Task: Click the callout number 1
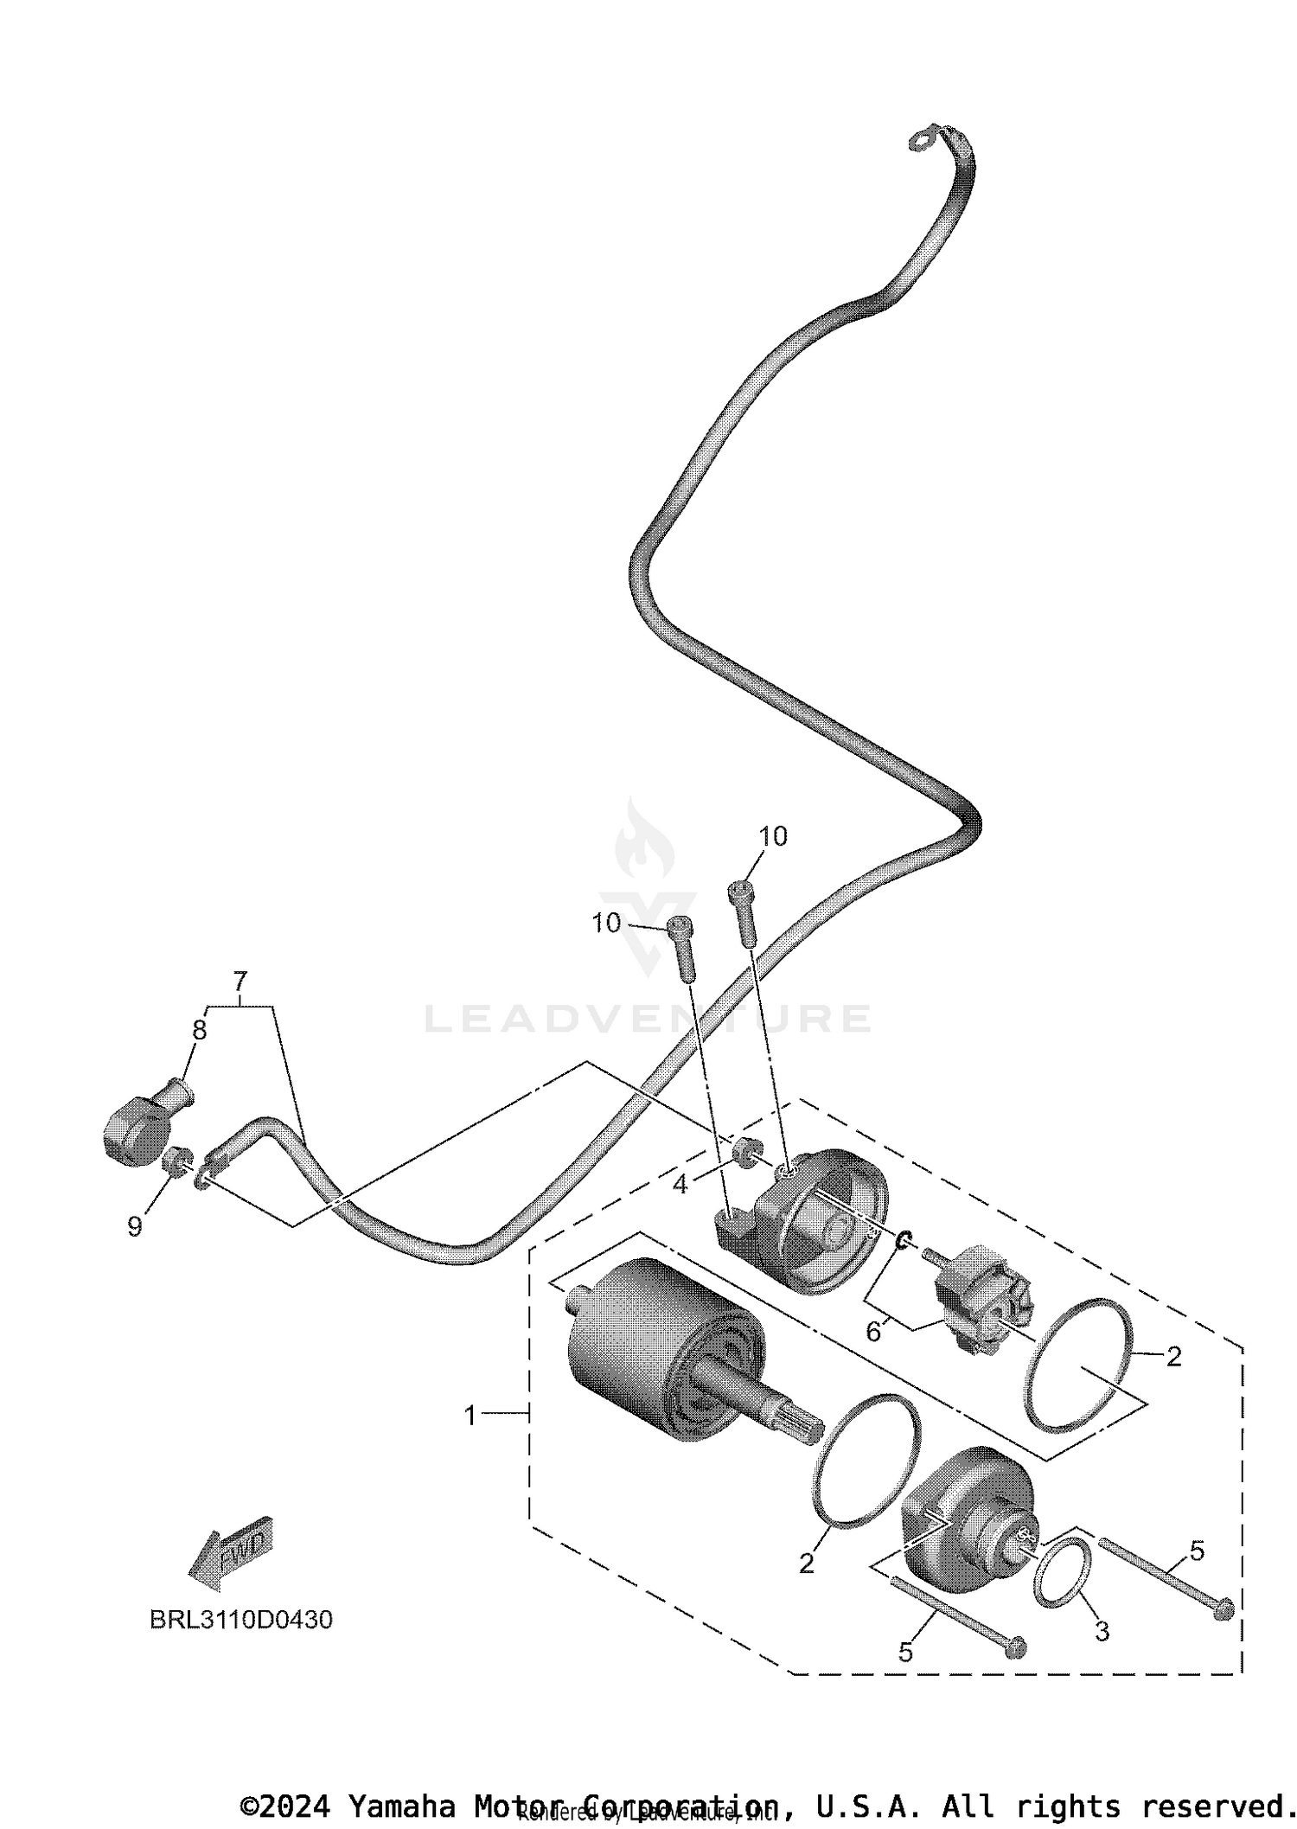pyautogui.click(x=470, y=1417)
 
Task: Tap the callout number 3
pyautogui.click(x=1102, y=1632)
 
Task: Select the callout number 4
pyautogui.click(x=680, y=1185)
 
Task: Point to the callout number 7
pyautogui.click(x=240, y=982)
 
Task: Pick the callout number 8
pyautogui.click(x=200, y=1030)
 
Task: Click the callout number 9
pyautogui.click(x=135, y=1226)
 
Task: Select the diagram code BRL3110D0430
pyautogui.click(x=241, y=1620)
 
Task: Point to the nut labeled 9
pyautogui.click(x=177, y=1159)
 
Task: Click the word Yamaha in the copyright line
pyautogui.click(x=400, y=1807)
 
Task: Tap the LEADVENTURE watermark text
pyautogui.click(x=648, y=1019)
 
